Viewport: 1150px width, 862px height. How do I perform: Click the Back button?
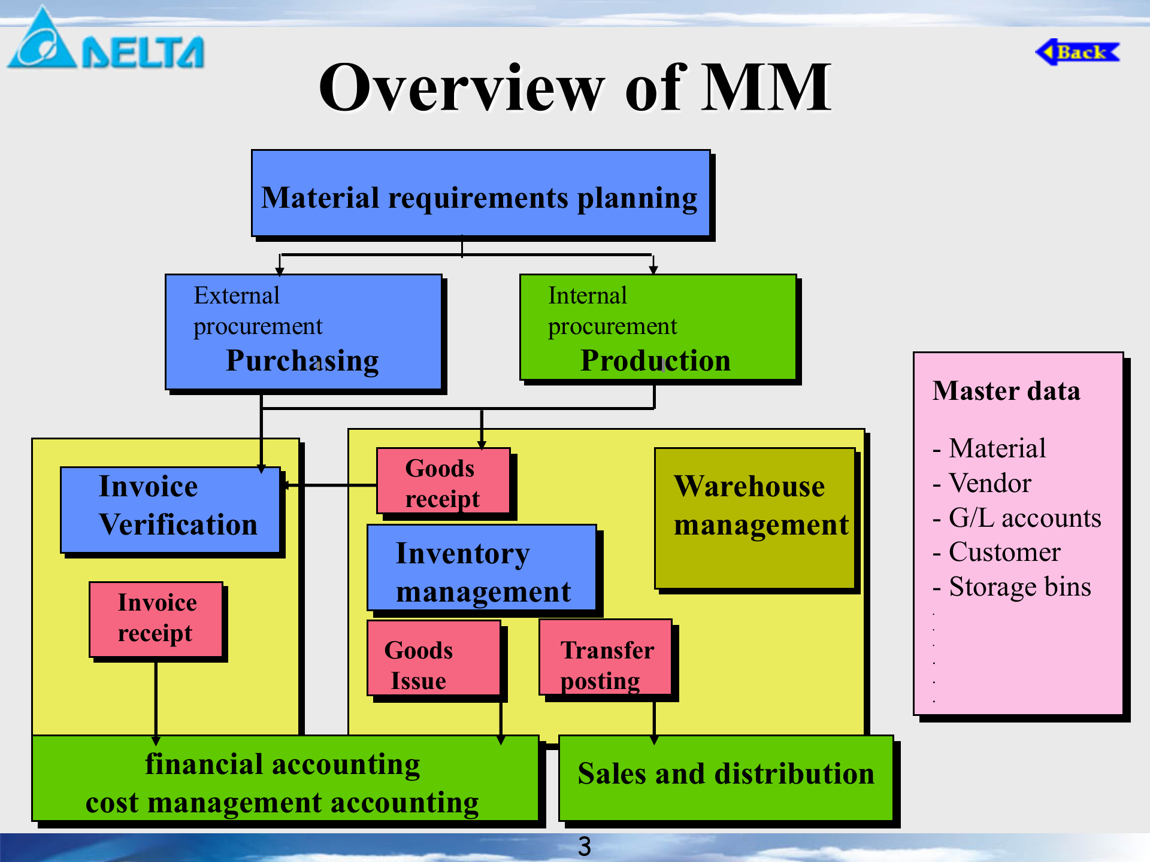(1078, 52)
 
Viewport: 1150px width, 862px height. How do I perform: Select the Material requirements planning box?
(480, 194)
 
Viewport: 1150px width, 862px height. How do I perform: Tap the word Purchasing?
(302, 361)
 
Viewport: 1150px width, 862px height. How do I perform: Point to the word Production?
(656, 361)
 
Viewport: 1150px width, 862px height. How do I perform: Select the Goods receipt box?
(443, 482)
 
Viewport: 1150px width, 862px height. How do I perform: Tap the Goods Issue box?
(434, 658)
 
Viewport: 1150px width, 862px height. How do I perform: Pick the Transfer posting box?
(606, 658)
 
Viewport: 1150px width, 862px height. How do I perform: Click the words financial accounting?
(283, 764)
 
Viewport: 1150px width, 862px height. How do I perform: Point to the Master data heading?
(1006, 391)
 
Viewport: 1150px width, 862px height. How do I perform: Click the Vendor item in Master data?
(989, 483)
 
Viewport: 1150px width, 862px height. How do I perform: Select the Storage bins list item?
(1019, 587)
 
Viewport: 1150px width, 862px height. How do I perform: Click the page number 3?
(585, 846)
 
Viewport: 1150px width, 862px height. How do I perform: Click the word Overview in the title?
(461, 89)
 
